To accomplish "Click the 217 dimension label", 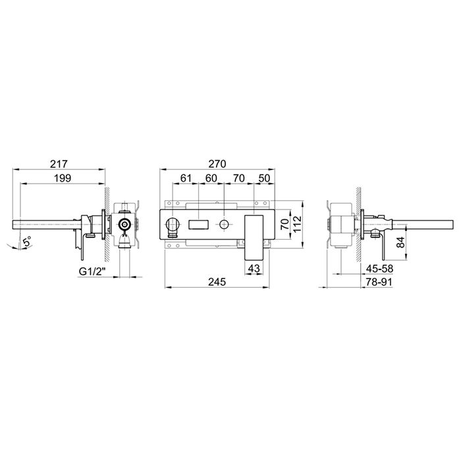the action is click(59, 164).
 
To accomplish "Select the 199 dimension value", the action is click(63, 178).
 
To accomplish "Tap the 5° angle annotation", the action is click(26, 242).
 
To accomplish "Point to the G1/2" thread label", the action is click(92, 271).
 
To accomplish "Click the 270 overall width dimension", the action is click(217, 164).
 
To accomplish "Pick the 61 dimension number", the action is click(186, 178).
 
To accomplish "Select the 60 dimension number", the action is click(211, 178).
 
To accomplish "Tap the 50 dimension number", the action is click(264, 178).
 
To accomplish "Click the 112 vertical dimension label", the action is click(298, 225).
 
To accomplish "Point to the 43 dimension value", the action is click(254, 268).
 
